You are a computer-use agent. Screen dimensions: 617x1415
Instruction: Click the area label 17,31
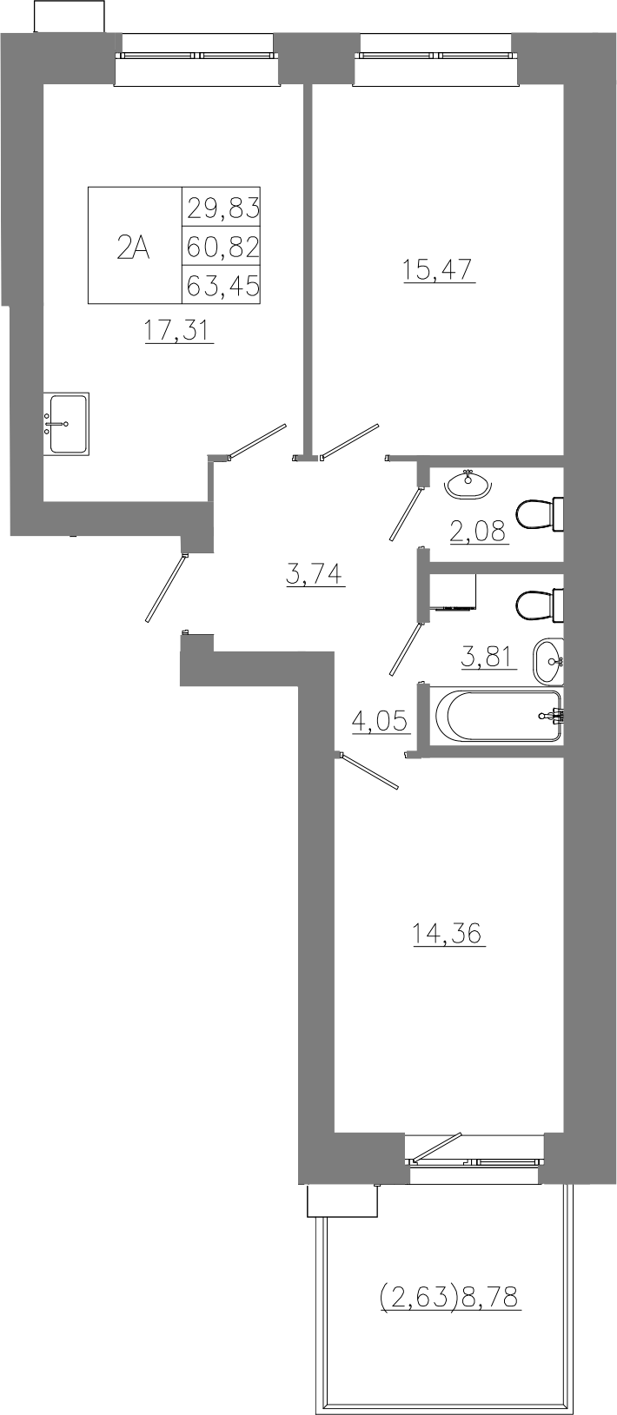[179, 330]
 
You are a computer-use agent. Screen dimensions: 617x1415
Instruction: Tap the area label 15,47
[438, 269]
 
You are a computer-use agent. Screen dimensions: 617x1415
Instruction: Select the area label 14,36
[448, 932]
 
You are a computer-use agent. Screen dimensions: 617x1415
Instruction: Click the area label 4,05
[381, 720]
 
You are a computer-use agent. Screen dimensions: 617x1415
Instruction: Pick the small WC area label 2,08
[479, 532]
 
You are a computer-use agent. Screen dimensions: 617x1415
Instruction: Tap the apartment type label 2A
[133, 247]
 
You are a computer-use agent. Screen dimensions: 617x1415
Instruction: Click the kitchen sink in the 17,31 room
[66, 423]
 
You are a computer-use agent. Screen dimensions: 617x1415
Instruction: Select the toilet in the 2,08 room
[540, 514]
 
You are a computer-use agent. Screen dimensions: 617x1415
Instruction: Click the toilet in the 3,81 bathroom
[540, 605]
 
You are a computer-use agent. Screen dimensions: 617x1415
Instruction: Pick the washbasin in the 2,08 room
[468, 485]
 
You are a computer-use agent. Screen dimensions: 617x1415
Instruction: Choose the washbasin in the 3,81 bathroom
[548, 661]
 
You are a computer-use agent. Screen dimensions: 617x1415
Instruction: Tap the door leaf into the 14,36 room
[369, 770]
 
